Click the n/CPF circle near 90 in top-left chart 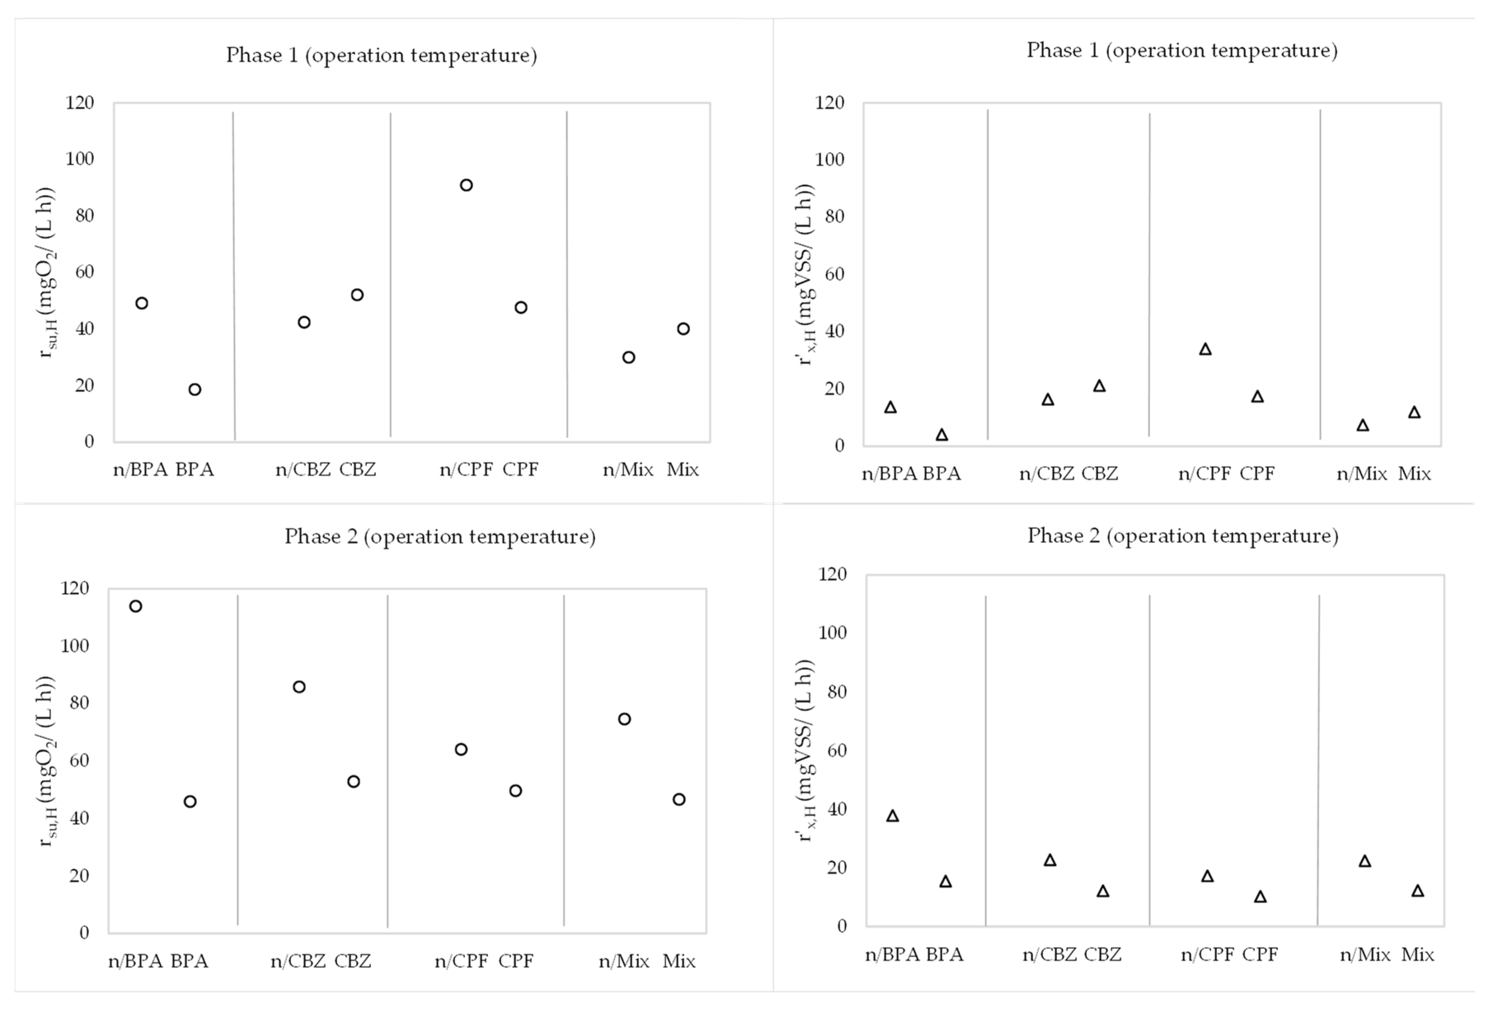click(x=466, y=185)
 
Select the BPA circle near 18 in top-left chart click(x=195, y=389)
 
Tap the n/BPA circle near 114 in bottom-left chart click(x=136, y=606)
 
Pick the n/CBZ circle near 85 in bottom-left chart click(x=299, y=687)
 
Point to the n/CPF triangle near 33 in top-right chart click(x=1205, y=349)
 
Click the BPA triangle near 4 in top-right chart click(x=942, y=435)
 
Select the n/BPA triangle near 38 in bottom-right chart click(x=893, y=816)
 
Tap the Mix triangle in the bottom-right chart click(x=1418, y=891)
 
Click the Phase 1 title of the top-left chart click(x=381, y=55)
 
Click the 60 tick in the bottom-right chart click(x=832, y=750)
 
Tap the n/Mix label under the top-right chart click(x=1361, y=474)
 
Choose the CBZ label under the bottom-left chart click(x=353, y=961)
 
